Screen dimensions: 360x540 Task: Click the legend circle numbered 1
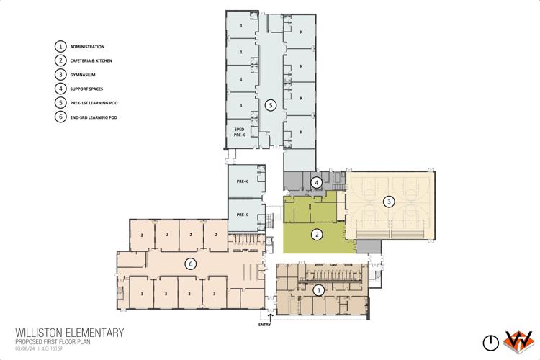60,47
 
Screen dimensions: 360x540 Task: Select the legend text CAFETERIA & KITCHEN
91,60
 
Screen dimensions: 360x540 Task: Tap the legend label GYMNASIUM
83,75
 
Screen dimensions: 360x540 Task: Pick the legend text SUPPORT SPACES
87,89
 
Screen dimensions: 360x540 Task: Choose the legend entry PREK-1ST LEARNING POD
94,102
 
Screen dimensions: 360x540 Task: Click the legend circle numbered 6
60,117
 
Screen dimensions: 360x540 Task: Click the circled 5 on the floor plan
270,105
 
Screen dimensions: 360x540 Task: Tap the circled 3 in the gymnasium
389,201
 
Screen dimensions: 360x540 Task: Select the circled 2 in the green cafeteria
315,233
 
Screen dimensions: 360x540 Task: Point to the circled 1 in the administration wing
318,289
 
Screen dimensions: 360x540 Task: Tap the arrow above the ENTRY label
271,316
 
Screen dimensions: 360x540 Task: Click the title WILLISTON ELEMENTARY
69,333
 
